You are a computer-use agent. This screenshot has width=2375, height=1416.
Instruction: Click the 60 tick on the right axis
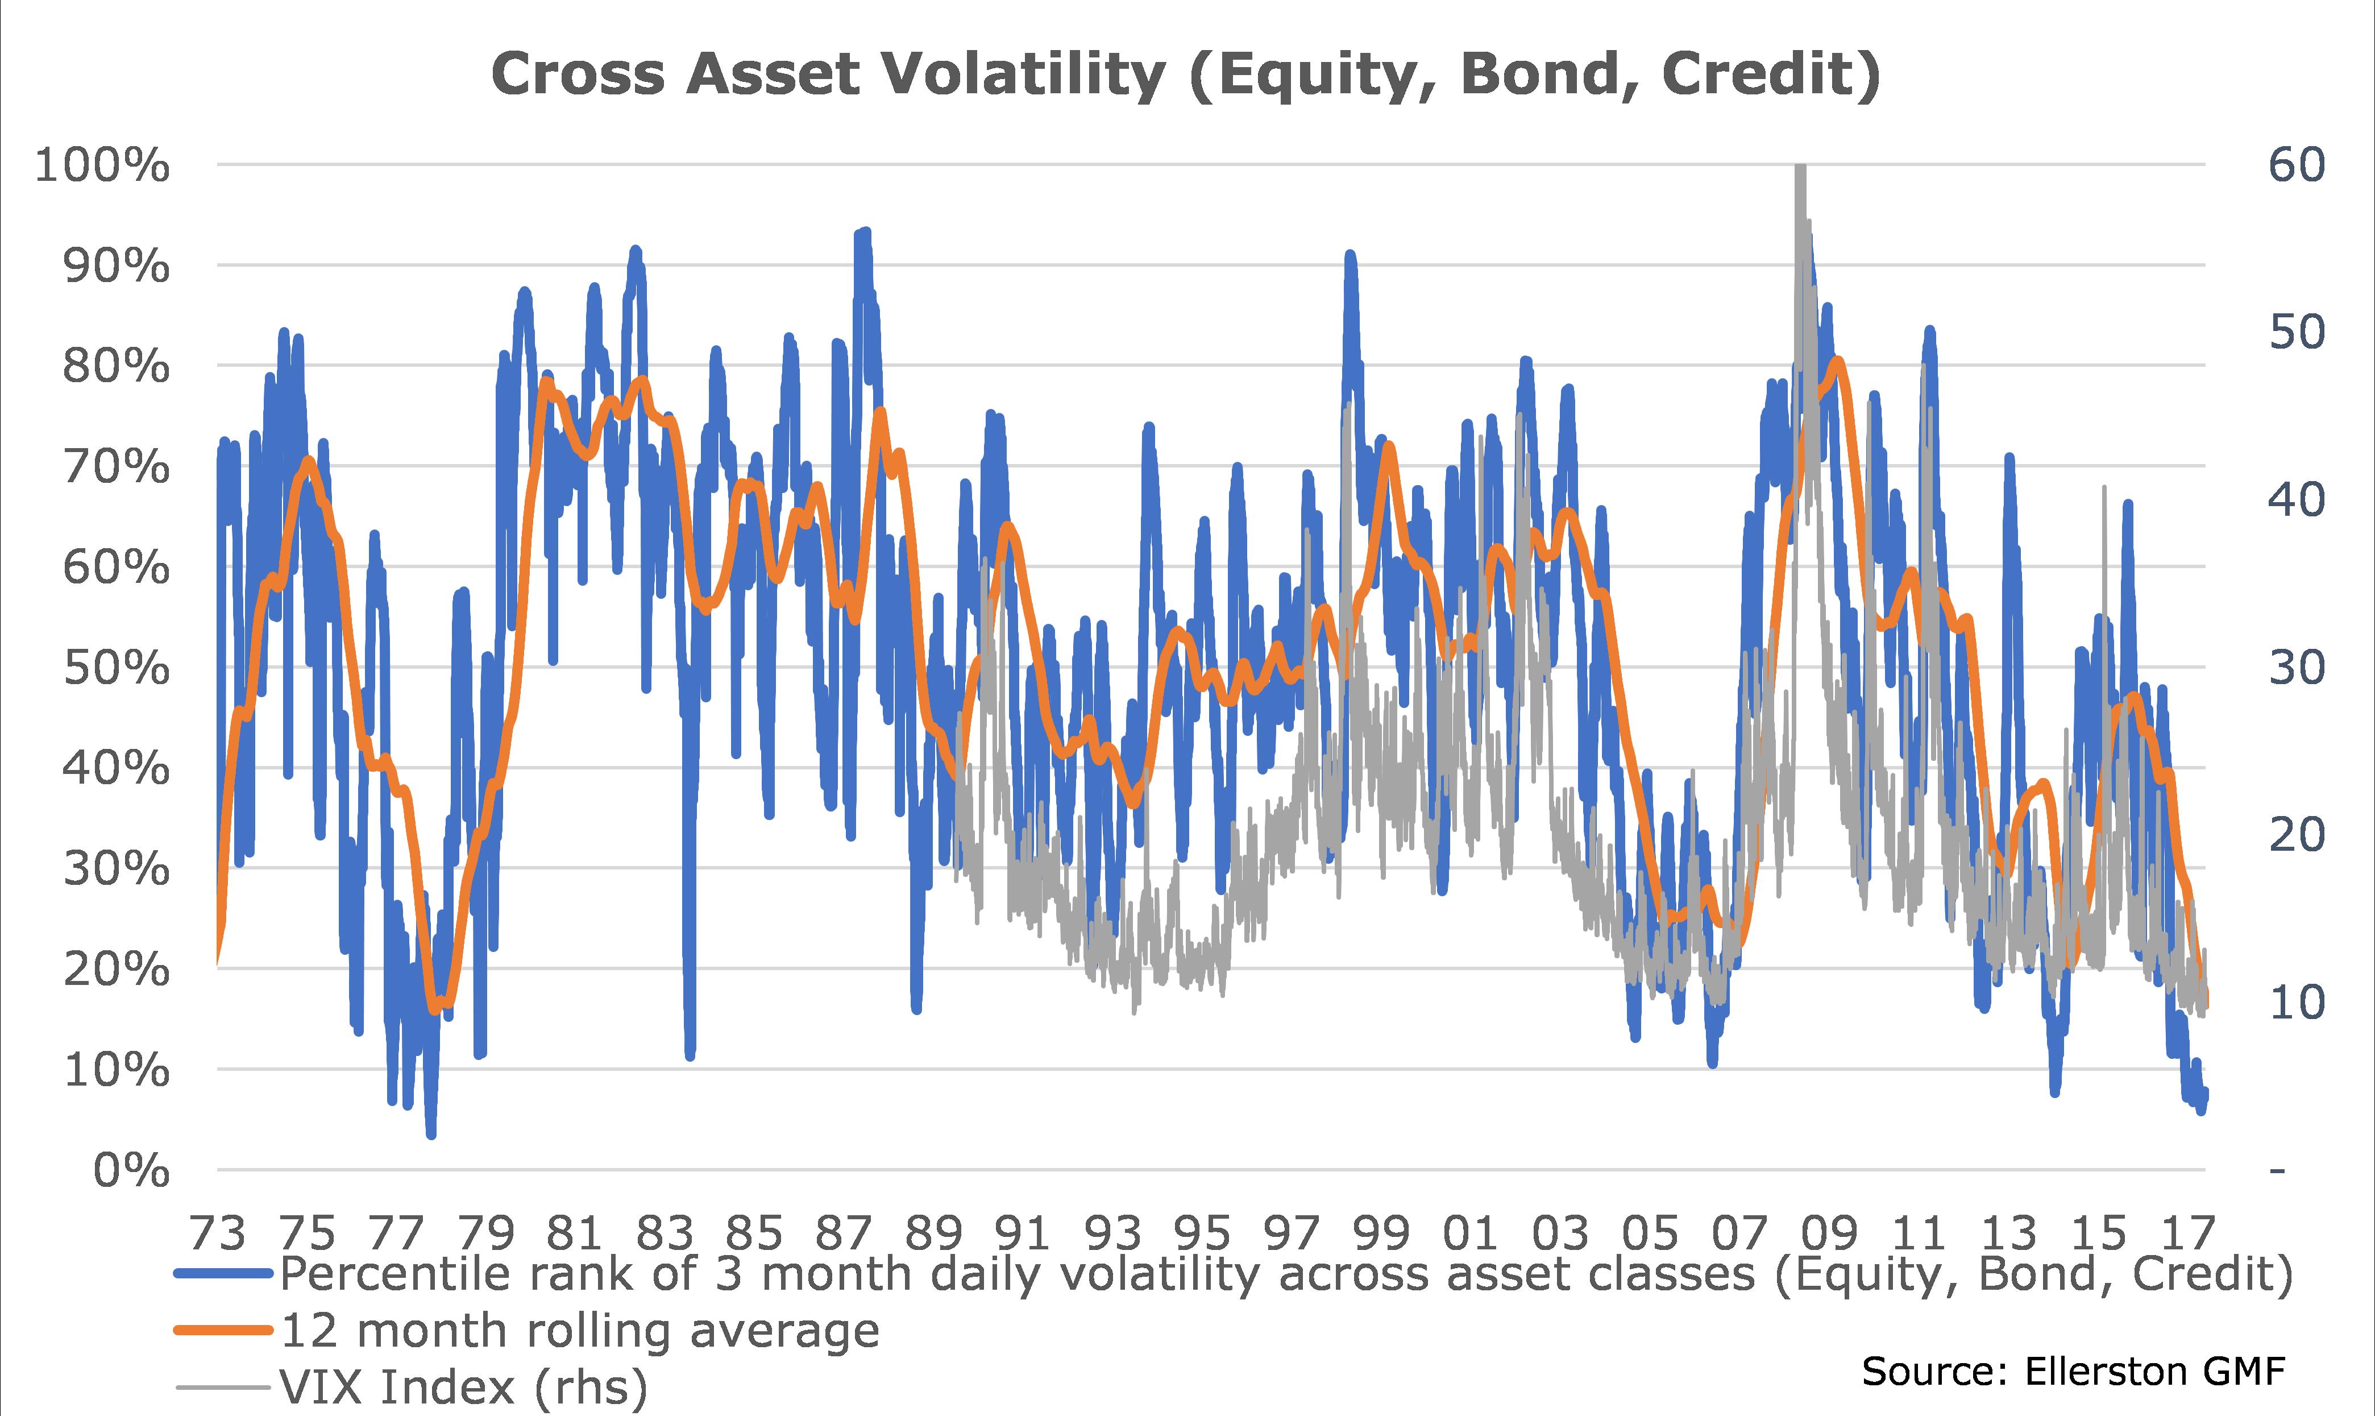[x=2297, y=165]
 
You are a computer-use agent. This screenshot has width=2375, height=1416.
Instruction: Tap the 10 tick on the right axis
[x=2297, y=1003]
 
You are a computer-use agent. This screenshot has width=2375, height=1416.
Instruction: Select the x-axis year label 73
[x=218, y=1234]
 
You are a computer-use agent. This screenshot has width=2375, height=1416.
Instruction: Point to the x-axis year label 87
[x=843, y=1234]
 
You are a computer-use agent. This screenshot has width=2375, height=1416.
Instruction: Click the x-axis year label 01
[x=1470, y=1234]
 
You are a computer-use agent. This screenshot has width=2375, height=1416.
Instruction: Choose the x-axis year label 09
[x=1828, y=1234]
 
